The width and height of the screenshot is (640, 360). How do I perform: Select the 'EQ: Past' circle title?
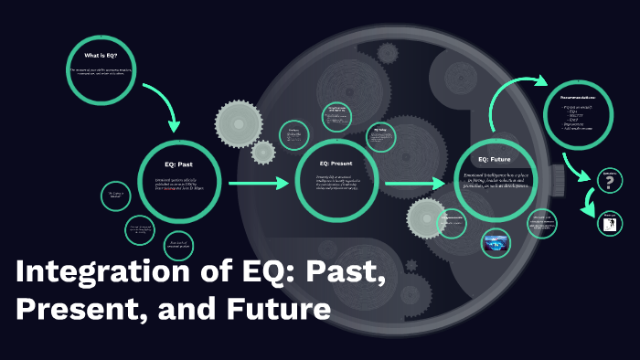(178, 164)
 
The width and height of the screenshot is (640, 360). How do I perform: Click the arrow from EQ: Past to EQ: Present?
(258, 185)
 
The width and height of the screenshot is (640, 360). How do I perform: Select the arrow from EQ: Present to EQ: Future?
(415, 185)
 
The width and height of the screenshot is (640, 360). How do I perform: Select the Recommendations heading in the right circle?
(580, 95)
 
